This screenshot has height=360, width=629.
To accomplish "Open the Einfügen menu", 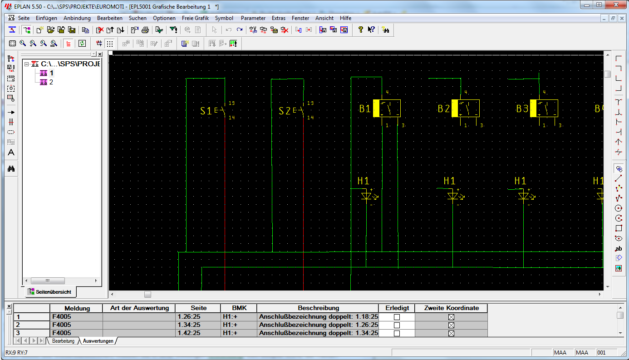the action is [46, 18].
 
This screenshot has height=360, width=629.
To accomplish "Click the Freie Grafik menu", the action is [195, 18].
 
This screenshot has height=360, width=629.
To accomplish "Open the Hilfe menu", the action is [345, 18].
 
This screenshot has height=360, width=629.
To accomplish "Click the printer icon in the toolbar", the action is [145, 30].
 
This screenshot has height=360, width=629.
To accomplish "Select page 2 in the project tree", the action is [51, 82].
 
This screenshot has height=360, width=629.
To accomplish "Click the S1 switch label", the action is [206, 111].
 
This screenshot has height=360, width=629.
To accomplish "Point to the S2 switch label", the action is [285, 111].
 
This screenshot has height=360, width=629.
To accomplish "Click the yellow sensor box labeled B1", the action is [387, 108].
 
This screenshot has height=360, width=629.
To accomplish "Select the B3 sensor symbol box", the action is [544, 108].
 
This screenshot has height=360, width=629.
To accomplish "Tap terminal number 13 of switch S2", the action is [310, 103].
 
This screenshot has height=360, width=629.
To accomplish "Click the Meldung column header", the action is [77, 308].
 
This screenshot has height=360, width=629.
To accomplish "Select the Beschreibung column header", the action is [318, 308].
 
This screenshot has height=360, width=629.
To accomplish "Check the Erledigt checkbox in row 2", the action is [397, 325].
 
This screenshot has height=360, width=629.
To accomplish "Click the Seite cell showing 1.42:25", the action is [189, 333].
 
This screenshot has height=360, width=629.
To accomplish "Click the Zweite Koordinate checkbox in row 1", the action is [451, 317].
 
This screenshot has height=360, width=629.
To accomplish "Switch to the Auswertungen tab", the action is [98, 341].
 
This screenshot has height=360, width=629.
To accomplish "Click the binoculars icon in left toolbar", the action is [11, 169].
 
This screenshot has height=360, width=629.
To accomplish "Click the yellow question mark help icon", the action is [360, 30].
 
